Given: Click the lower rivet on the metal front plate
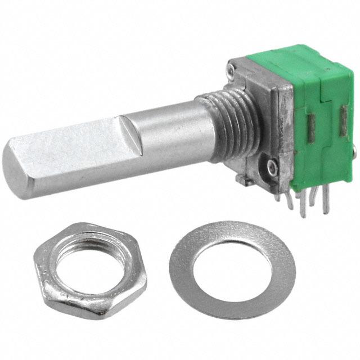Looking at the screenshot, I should click(273, 166).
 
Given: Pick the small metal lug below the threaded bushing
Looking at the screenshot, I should click(242, 179).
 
